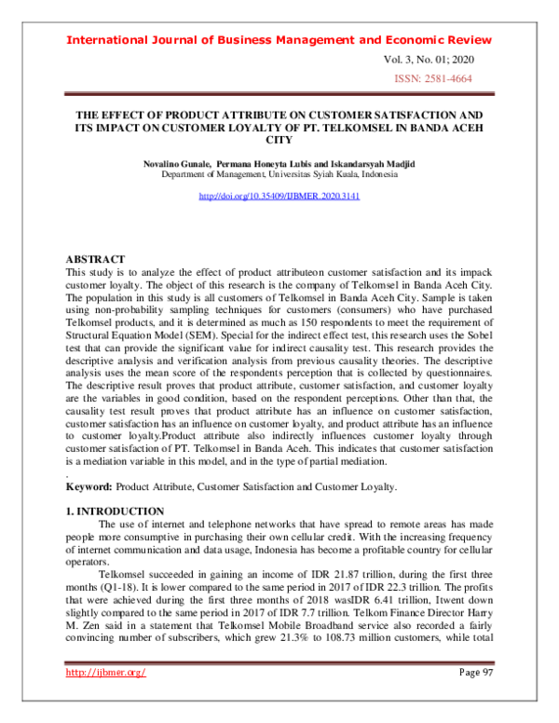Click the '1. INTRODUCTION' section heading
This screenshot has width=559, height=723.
(115, 512)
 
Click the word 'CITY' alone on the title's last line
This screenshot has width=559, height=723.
(279, 140)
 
